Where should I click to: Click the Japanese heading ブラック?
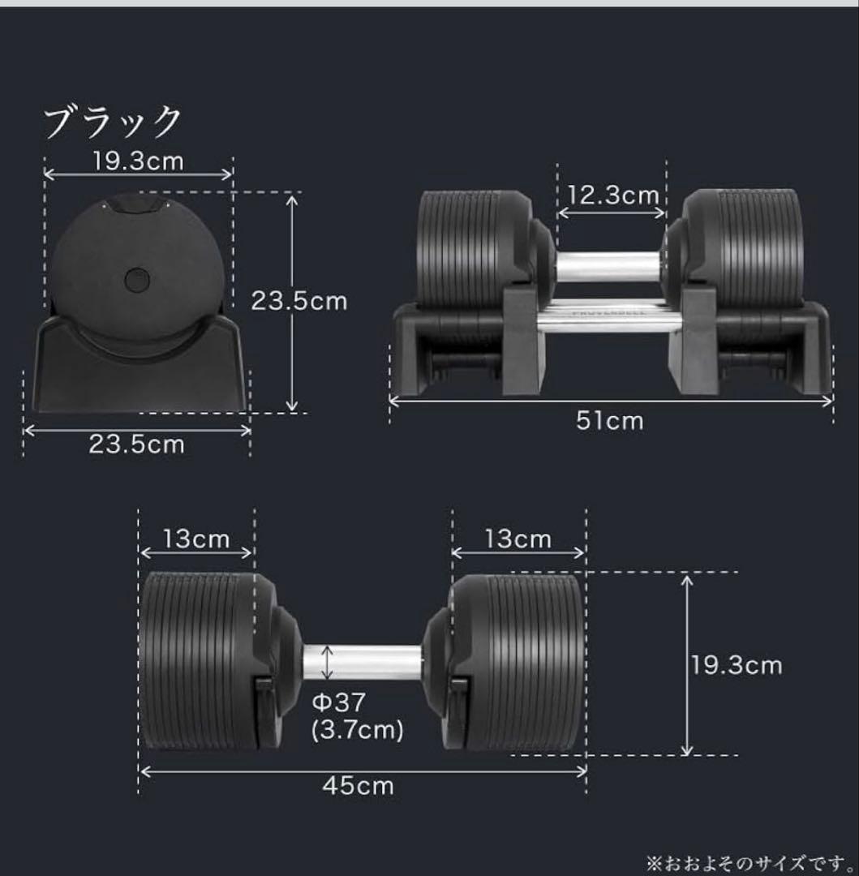113,123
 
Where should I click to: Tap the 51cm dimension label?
610,421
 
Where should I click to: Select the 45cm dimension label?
358,785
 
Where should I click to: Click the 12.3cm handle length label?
612,195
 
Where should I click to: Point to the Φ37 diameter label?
339,702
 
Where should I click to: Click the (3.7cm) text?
358,730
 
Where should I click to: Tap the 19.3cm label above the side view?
138,161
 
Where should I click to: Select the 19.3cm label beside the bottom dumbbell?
737,666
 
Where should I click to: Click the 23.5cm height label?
299,301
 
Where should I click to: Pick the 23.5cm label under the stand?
136,444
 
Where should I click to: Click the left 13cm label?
195,539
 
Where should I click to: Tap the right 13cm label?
518,539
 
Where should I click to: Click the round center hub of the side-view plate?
138,280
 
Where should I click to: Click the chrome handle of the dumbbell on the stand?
608,265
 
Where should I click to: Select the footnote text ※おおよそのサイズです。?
749,859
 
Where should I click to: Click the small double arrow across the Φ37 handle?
327,661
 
